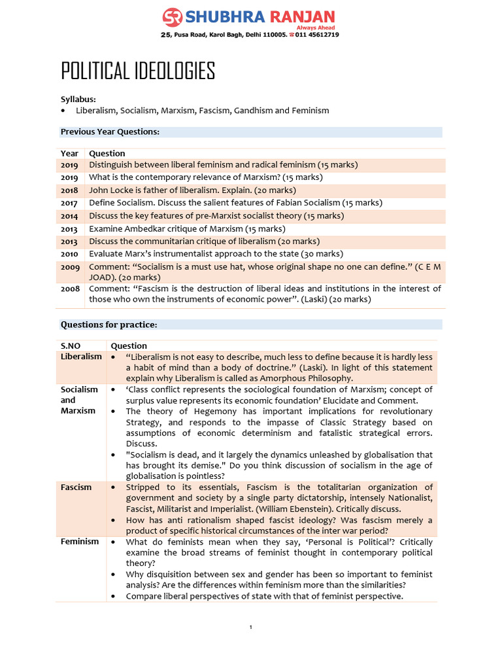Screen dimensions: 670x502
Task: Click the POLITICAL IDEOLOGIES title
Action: [x=138, y=71]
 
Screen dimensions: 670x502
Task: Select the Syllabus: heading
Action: [x=78, y=99]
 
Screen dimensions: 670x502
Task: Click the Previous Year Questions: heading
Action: [x=110, y=132]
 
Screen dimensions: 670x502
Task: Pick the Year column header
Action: [x=69, y=153]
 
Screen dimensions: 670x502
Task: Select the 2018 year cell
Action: [x=69, y=190]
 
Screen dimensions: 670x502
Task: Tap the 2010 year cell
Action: [x=69, y=254]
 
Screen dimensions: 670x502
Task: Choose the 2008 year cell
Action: [x=70, y=289]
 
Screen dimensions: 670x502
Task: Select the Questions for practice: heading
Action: [x=109, y=325]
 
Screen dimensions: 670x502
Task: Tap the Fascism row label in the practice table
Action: [x=76, y=487]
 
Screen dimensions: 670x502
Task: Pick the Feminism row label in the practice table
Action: [x=80, y=542]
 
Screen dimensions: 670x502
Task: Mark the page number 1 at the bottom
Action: [x=251, y=627]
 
